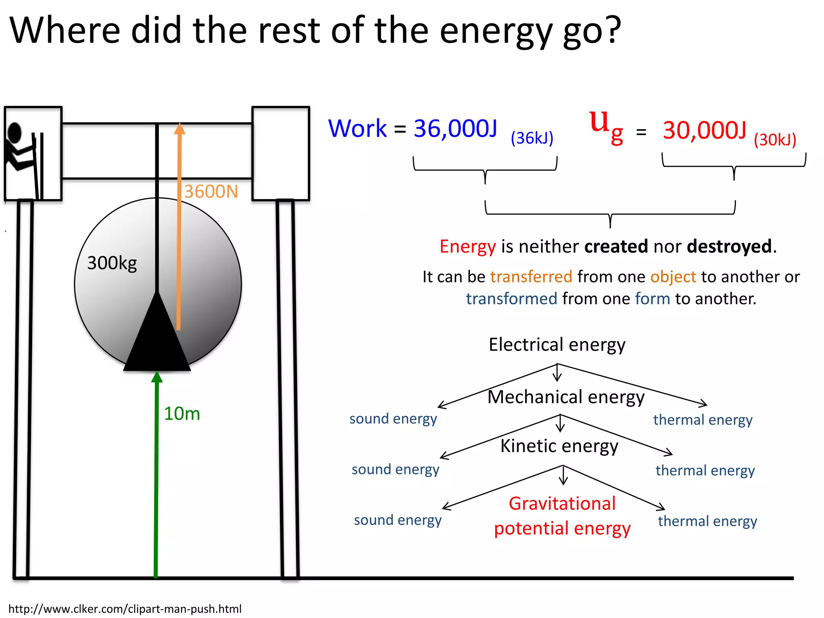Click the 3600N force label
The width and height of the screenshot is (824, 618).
click(211, 192)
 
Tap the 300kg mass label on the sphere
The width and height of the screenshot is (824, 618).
click(112, 263)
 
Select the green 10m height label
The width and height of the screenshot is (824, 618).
click(182, 414)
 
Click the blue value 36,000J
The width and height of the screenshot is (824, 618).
click(455, 129)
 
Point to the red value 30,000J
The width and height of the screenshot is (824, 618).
click(704, 130)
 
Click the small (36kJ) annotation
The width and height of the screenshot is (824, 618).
click(532, 138)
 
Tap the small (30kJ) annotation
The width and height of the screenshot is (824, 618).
click(775, 140)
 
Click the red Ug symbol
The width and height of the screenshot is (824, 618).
click(606, 125)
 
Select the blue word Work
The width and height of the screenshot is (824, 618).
click(357, 129)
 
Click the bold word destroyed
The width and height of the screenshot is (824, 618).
click(729, 246)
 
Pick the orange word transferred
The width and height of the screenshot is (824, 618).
click(531, 277)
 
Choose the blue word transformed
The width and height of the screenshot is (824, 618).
click(511, 299)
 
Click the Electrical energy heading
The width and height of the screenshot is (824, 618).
click(557, 345)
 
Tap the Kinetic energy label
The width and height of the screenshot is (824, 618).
click(559, 446)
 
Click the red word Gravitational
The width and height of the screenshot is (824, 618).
click(562, 504)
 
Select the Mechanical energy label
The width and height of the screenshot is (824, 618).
click(566, 397)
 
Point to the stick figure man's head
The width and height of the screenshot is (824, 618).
click(15, 132)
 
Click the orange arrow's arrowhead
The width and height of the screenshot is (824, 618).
click(179, 129)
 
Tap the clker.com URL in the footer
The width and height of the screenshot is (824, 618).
click(125, 609)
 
